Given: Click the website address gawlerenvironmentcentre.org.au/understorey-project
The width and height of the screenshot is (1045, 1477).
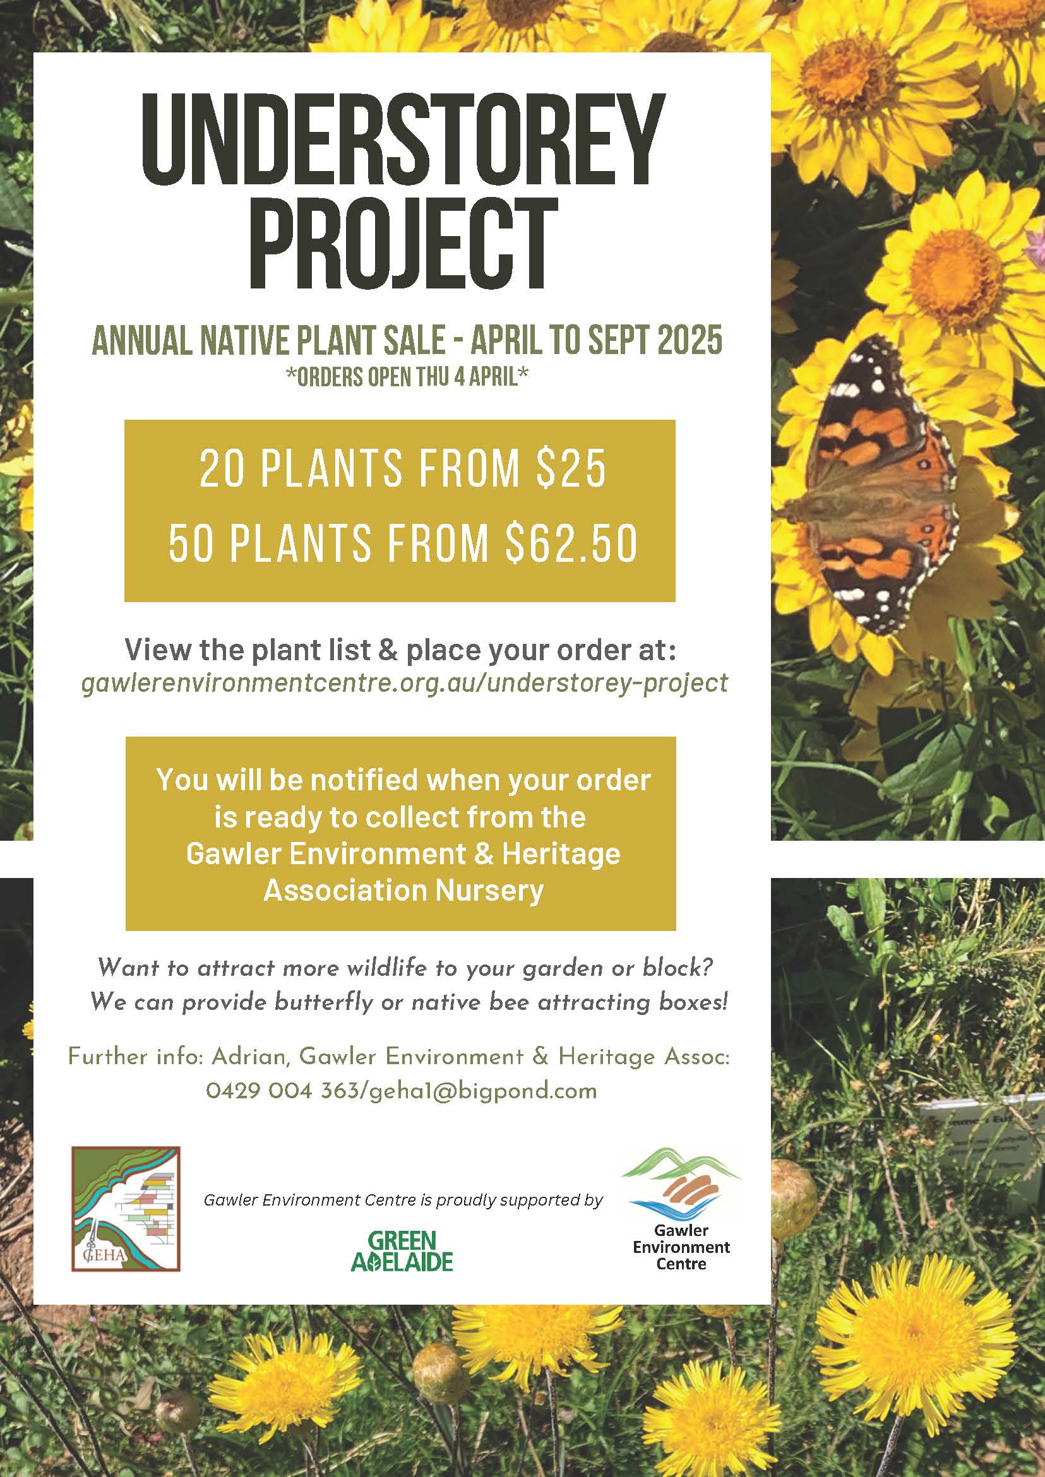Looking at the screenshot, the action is coord(405,682).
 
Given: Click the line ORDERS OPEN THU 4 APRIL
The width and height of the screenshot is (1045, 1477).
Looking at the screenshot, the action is coord(407,377).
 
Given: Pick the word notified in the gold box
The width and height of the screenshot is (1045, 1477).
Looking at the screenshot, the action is coord(364,780).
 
